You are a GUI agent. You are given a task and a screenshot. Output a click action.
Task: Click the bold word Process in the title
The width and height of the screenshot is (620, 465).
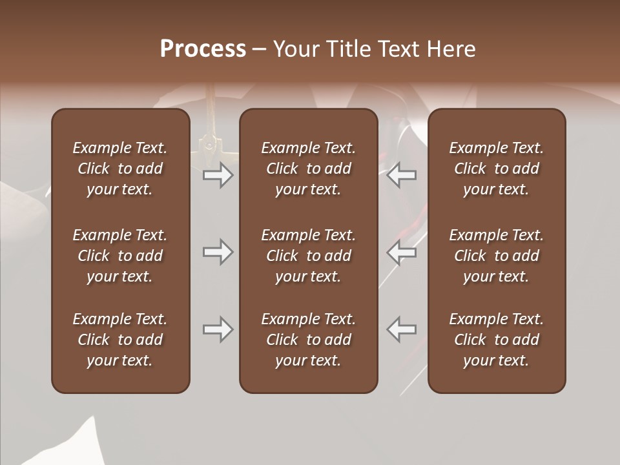coord(203,49)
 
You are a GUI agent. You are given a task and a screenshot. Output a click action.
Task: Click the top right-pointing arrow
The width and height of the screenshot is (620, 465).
coord(218,175)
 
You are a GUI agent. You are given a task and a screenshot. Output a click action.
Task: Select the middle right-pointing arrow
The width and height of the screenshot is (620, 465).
coord(218,252)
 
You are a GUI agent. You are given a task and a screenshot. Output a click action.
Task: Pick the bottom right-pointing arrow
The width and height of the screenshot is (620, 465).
coord(218,329)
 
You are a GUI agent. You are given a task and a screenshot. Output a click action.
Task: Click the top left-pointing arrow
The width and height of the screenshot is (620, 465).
coord(402,175)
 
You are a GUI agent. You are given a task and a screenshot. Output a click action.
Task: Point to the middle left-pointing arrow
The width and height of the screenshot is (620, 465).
coord(402,252)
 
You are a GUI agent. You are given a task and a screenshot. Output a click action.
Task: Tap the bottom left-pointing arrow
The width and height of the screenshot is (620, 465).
coord(402,329)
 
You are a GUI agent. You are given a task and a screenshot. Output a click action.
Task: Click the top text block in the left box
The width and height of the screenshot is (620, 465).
coord(120,169)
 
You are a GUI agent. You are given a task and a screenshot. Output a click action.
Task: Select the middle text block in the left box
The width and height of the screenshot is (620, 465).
coord(120,256)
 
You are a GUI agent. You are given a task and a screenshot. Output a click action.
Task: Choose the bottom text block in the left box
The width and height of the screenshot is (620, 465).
coord(120,340)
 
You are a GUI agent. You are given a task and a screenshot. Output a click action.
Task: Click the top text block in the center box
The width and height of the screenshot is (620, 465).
coord(308,169)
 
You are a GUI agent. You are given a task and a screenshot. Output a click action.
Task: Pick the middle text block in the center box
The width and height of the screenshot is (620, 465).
coord(308,256)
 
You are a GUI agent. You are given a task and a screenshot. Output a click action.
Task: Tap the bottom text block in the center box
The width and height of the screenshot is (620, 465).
coord(308,340)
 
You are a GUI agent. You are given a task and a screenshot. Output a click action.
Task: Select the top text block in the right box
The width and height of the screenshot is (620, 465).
coord(496,169)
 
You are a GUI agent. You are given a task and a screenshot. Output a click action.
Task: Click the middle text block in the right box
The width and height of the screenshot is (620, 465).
coord(496,256)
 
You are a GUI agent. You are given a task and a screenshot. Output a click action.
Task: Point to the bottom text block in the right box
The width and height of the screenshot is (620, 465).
coord(496,340)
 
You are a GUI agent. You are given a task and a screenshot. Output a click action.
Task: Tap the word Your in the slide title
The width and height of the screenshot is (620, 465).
coord(294,49)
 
